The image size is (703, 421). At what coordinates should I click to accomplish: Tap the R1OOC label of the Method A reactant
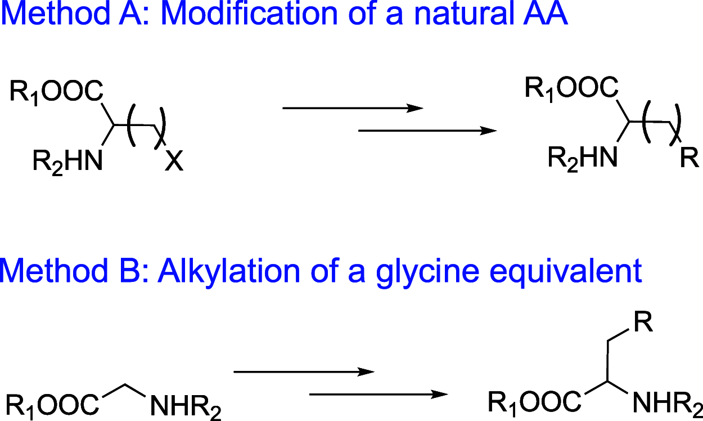pyautogui.click(x=56, y=92)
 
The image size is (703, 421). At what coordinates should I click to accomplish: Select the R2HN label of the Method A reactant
pyautogui.click(x=67, y=163)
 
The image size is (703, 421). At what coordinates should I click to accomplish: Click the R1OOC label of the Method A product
pyautogui.click(x=571, y=88)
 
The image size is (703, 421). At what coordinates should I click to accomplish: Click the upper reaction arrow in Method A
pyautogui.click(x=352, y=108)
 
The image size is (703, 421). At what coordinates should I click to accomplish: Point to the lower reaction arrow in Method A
pyautogui.click(x=428, y=131)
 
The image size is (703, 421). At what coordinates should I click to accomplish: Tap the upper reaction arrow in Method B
pyautogui.click(x=304, y=371)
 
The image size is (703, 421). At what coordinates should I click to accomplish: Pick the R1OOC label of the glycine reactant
pyautogui.click(x=53, y=404)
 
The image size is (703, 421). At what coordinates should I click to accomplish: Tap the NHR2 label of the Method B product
pyautogui.click(x=666, y=404)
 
